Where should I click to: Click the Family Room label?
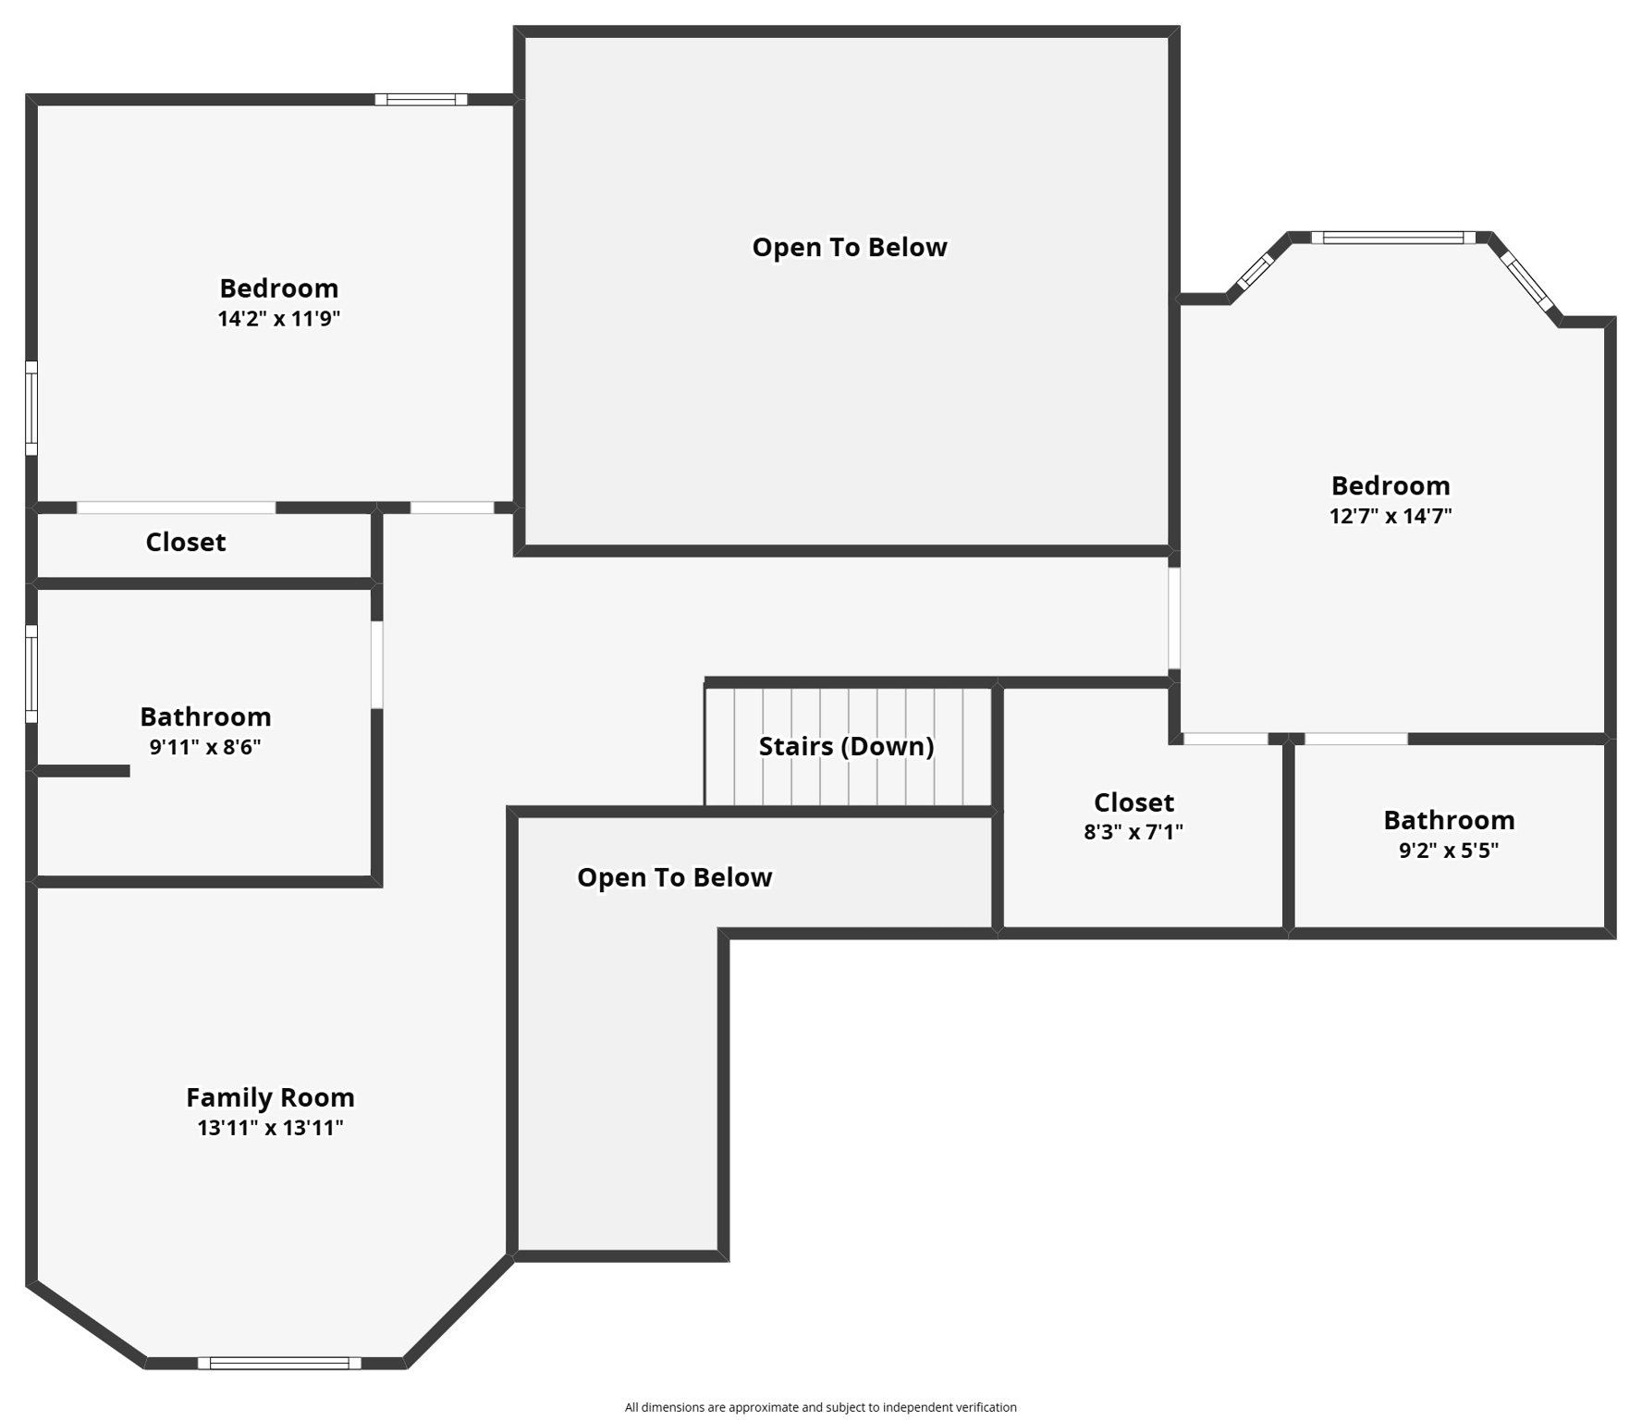(270, 1097)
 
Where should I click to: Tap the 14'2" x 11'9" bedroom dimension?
(278, 319)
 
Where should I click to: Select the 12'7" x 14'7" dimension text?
(1390, 516)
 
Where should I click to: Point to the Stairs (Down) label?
(846, 746)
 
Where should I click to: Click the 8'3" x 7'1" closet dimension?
(1133, 832)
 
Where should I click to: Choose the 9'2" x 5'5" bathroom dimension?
(1448, 851)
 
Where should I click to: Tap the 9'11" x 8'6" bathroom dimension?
(205, 747)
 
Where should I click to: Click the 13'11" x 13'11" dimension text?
(270, 1128)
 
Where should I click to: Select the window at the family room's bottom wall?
(279, 1363)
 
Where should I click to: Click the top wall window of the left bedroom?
(421, 100)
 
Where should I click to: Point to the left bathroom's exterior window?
(31, 673)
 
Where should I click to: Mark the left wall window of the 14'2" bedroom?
(31, 408)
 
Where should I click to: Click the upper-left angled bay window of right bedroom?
(1256, 271)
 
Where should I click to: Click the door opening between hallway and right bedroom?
(1174, 618)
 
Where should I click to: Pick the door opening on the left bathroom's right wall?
(376, 665)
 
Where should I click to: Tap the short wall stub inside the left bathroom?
(83, 771)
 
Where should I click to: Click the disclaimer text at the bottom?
(820, 1407)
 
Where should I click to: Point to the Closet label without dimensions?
(185, 542)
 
